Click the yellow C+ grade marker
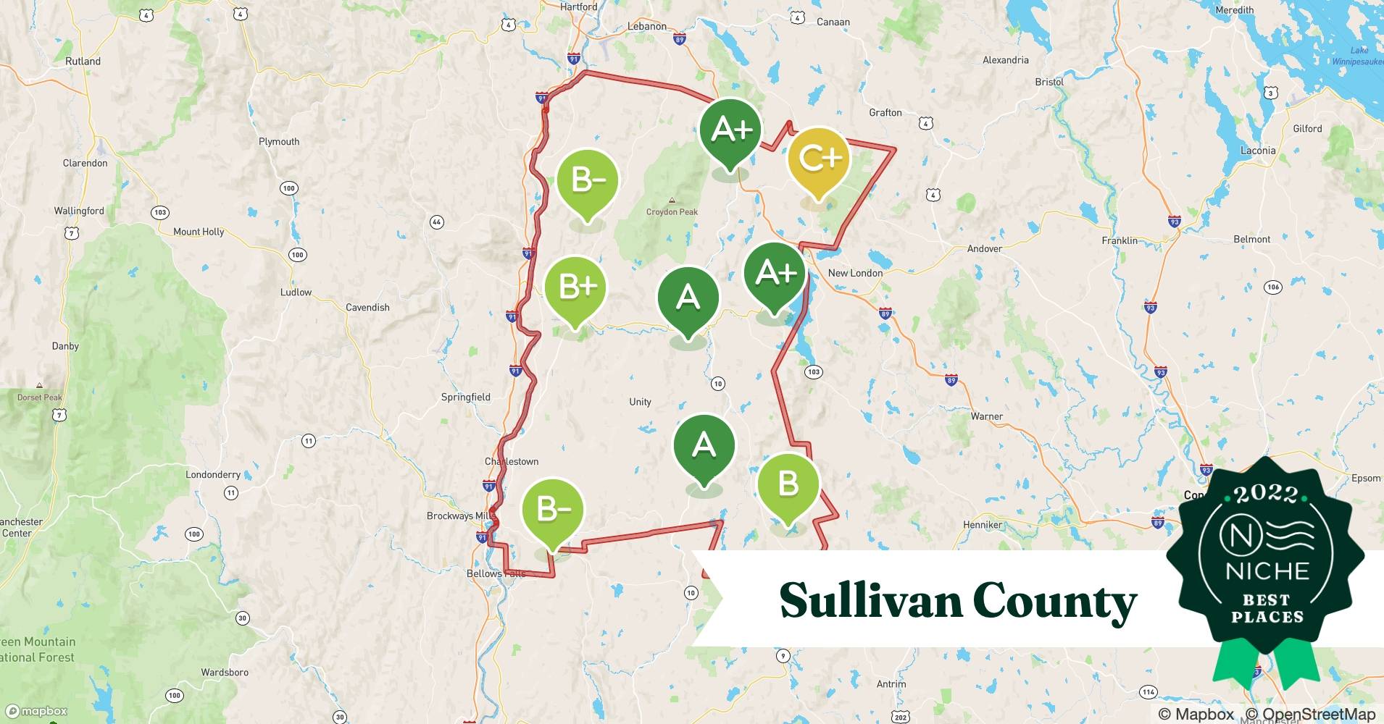coord(818,159)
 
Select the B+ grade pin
coord(575,287)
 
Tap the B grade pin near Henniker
coord(788,484)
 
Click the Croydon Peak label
coord(672,211)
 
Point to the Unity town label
coord(640,402)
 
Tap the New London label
coord(855,273)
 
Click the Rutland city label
coord(83,61)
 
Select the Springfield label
coord(465,397)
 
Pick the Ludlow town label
coord(296,292)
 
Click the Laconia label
coord(1258,151)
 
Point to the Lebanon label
coord(646,27)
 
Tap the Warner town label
coord(986,416)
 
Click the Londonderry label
coord(213,475)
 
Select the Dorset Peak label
coord(40,397)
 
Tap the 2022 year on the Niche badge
coord(1267,494)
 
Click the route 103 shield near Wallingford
coord(160,212)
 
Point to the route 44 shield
coord(436,222)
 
